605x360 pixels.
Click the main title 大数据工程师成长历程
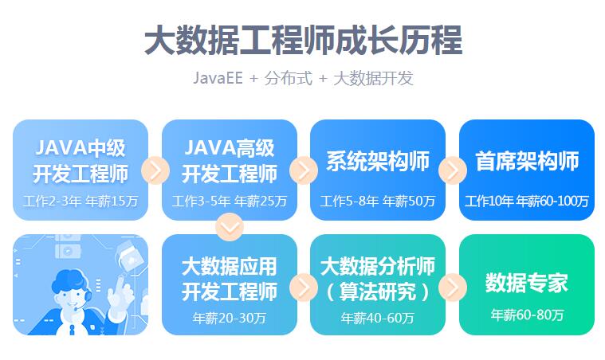coord(303,40)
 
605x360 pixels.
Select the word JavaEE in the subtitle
coord(218,78)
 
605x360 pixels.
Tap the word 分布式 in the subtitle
coord(289,78)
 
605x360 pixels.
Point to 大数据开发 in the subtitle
coord(373,78)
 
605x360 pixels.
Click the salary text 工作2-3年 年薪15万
coord(81,202)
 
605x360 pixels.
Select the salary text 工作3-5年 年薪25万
coord(230,202)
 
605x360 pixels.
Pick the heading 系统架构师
coord(378,161)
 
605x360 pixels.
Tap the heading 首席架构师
coord(527,161)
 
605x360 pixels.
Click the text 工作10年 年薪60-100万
coord(527,202)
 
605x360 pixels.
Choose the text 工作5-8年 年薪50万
coord(378,202)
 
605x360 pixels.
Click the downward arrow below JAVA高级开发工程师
coord(230,228)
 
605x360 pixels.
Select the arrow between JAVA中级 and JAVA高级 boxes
coord(155,170)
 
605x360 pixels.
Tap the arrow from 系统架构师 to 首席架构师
coord(453,170)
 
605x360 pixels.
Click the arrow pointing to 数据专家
coord(453,288)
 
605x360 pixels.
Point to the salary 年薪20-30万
coord(230,318)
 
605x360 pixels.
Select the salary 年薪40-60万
coord(378,318)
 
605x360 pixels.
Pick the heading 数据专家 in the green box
coord(527,283)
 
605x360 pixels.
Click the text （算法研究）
coord(378,292)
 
